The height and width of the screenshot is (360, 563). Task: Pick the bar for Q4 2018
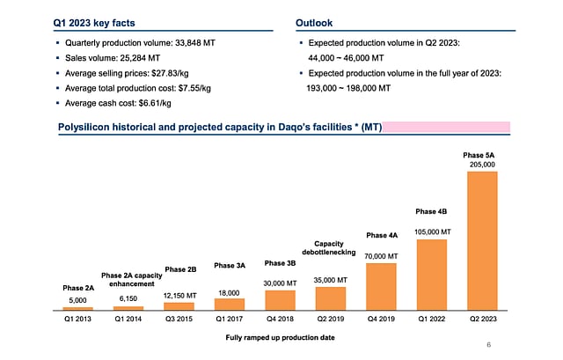point(280,299)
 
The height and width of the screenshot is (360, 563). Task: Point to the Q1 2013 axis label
point(78,321)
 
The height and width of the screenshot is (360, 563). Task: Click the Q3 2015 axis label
point(179,321)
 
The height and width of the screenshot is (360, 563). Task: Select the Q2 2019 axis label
point(331,321)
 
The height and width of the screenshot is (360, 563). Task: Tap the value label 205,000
point(481,165)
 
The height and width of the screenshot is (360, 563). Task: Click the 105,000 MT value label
point(432,232)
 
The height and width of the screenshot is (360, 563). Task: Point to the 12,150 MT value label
point(179,296)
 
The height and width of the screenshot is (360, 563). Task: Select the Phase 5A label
point(481,154)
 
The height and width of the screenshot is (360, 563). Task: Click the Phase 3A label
point(230,265)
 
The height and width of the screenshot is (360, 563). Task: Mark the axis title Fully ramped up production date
point(280,338)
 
